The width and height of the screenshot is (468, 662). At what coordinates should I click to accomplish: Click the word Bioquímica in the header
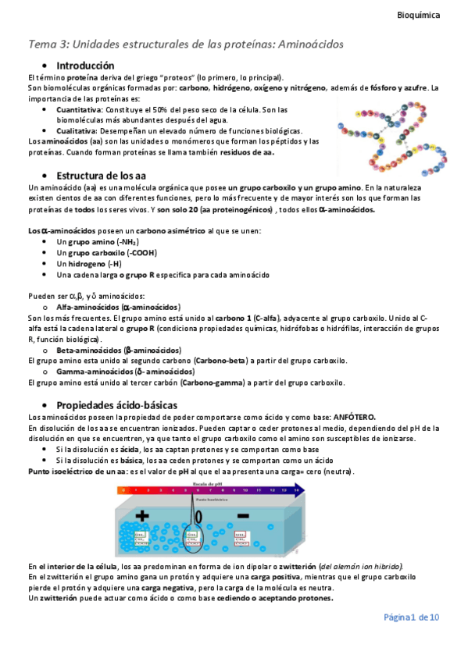click(x=418, y=14)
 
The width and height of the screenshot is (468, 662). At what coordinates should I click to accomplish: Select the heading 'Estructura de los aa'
click(x=105, y=176)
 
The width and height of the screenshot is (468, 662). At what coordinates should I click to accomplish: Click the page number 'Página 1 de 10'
click(x=411, y=618)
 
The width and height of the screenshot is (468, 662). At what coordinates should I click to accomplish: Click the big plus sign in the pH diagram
click(x=143, y=516)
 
